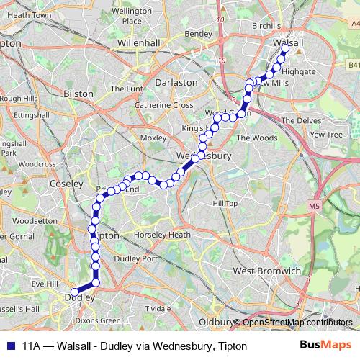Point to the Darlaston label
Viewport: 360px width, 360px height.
click(x=176, y=82)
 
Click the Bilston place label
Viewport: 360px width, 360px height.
click(x=78, y=94)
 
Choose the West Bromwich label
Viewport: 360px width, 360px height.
click(x=266, y=271)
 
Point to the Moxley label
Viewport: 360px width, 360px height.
click(x=153, y=137)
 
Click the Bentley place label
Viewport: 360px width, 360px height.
click(x=198, y=33)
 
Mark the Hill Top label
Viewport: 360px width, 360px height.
click(x=225, y=204)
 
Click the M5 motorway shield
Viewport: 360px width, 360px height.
click(x=313, y=207)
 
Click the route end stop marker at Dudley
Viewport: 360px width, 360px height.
click(x=75, y=292)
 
